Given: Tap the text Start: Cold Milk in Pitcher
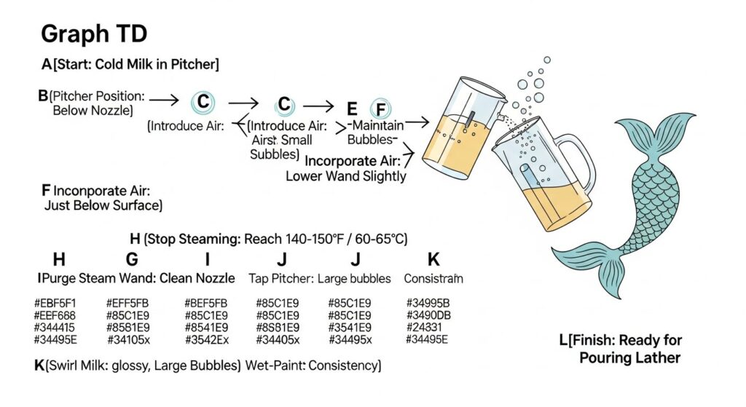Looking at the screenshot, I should coord(135,65).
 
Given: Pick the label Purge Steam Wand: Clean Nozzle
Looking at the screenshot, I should coord(136,277).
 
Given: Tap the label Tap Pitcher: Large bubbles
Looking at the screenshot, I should coord(321,277).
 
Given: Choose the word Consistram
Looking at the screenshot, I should coord(433,277).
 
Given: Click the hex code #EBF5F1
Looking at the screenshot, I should coord(55,303).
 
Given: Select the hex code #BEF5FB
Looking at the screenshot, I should coord(206,303).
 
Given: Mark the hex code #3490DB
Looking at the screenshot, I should coord(428,315).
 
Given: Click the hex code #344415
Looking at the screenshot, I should coord(55,327).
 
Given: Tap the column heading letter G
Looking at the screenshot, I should coord(132,258).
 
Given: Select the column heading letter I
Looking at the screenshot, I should coord(208,258).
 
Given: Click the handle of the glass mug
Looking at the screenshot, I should coord(580,156).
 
